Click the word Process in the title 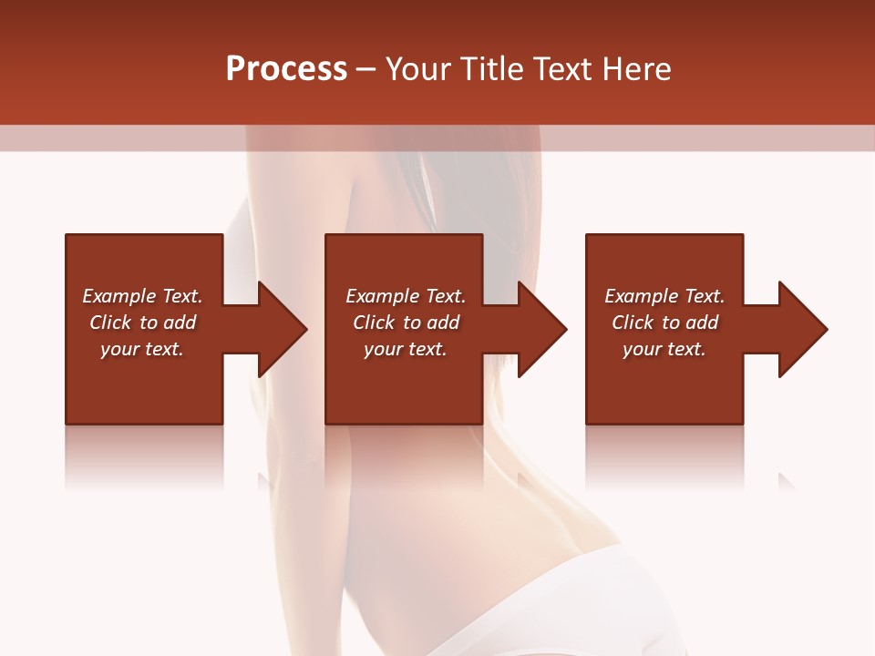coord(286,69)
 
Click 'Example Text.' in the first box coord(142,296)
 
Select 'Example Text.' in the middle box coord(406,296)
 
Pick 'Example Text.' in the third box coord(664,296)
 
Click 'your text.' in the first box coord(142,349)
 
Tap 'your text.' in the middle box coord(406,349)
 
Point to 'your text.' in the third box coord(664,349)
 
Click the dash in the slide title coord(365,70)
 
